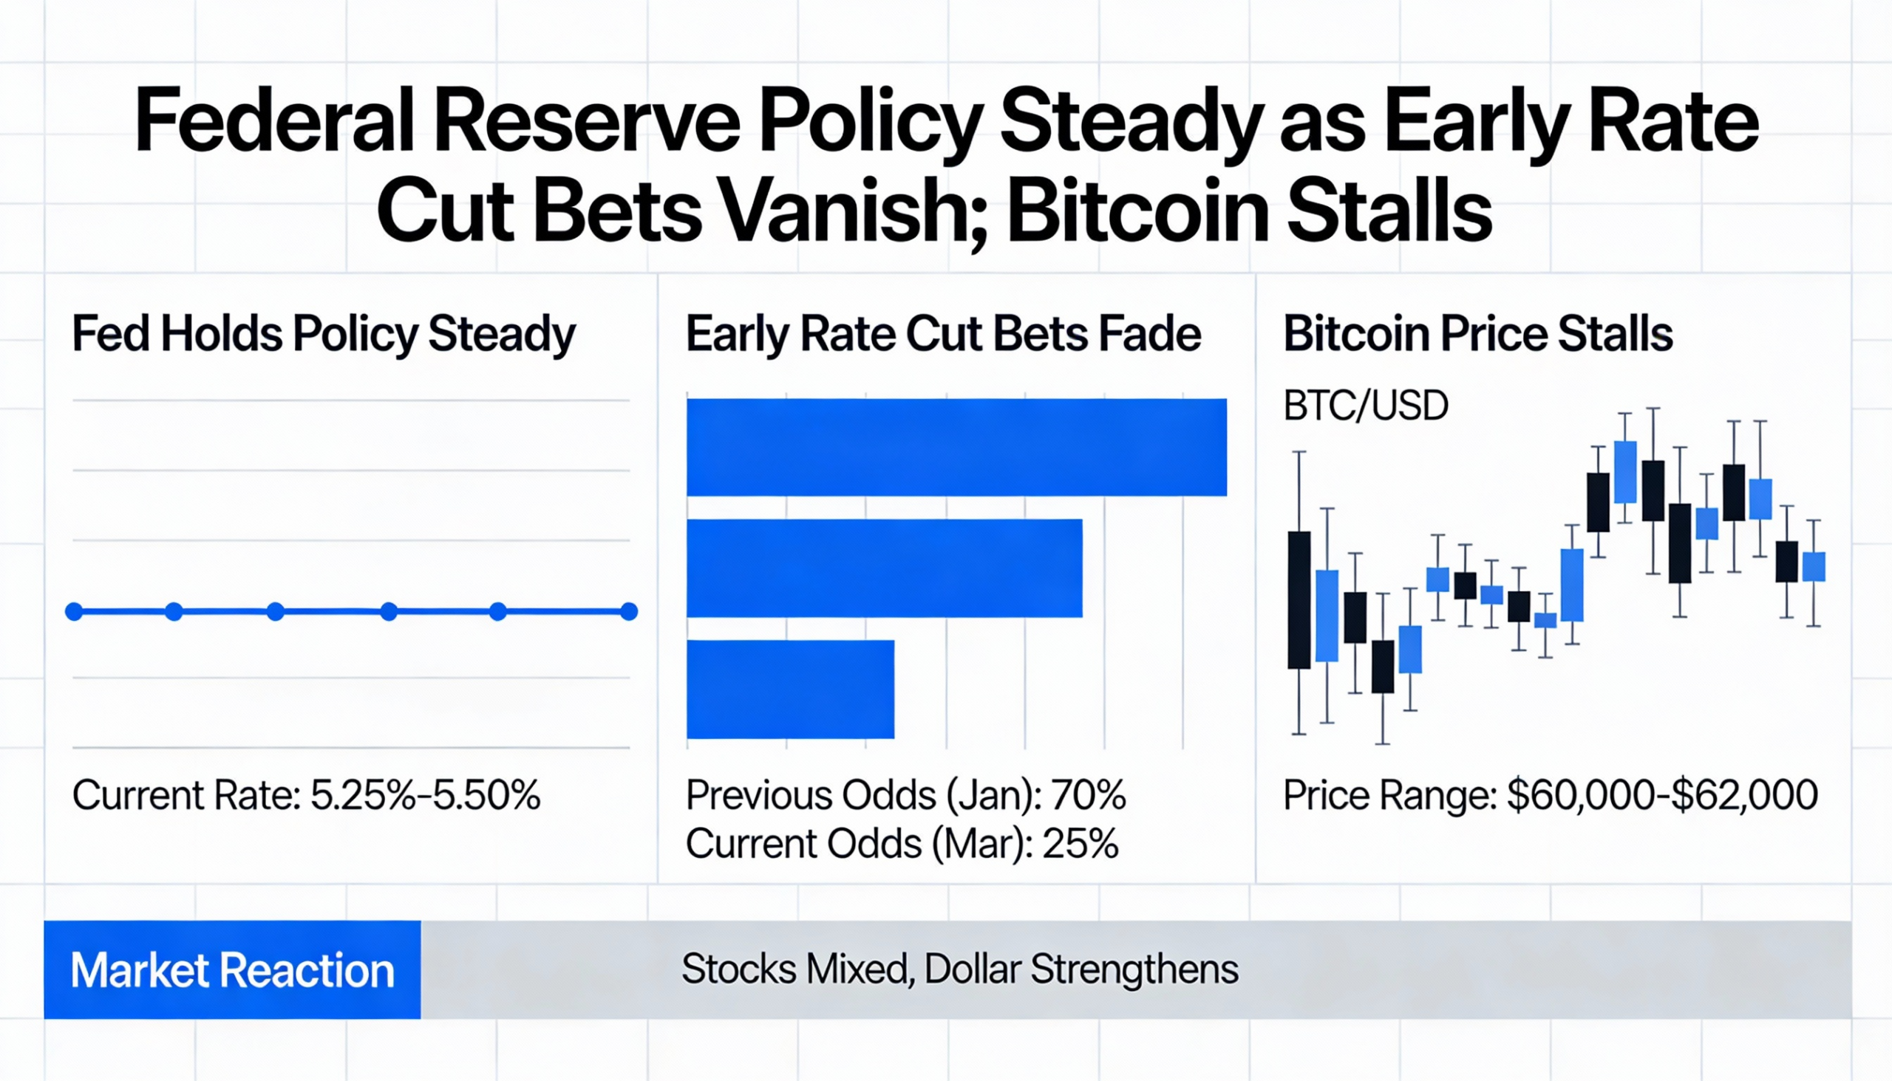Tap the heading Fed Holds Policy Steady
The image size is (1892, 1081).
coord(324,334)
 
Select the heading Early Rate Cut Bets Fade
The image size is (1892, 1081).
coord(943,334)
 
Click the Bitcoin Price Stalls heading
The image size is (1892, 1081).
coord(1477,334)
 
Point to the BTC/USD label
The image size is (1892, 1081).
coord(1366,406)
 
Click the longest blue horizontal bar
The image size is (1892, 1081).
coord(956,447)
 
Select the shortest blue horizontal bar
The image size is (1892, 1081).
coord(790,689)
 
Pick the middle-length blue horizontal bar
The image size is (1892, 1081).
coord(885,568)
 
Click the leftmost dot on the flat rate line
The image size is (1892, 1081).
coord(74,612)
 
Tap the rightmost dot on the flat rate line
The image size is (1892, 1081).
coord(629,612)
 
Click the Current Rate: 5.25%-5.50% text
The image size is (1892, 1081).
coord(306,795)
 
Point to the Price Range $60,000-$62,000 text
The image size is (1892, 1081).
coord(1551,795)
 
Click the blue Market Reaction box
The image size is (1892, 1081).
coord(232,969)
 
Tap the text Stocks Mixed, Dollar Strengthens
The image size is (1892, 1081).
coord(959,969)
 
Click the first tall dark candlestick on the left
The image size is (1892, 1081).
coord(1299,600)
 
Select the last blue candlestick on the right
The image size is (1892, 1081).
coord(1814,567)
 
